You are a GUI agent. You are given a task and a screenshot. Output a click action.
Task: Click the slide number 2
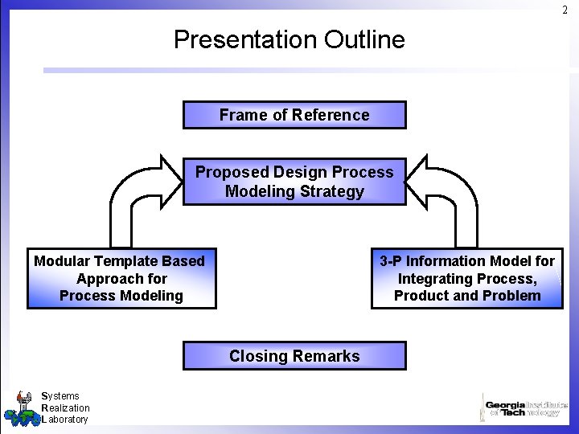[565, 10]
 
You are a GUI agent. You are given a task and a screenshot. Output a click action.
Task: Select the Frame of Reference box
[294, 115]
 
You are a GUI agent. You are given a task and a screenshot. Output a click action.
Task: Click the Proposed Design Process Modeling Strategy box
[294, 182]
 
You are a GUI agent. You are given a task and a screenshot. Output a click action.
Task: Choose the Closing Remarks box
[294, 356]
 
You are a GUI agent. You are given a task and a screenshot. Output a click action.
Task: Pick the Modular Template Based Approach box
[121, 278]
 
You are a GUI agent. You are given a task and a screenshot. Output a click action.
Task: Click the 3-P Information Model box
[467, 278]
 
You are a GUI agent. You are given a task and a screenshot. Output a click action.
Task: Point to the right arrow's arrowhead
[419, 182]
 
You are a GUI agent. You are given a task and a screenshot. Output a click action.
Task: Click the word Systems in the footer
[60, 395]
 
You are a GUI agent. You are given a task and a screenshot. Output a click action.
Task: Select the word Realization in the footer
[65, 407]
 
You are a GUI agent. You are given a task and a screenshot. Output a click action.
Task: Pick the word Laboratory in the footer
[64, 419]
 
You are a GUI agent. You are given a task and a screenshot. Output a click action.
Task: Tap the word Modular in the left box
[62, 261]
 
